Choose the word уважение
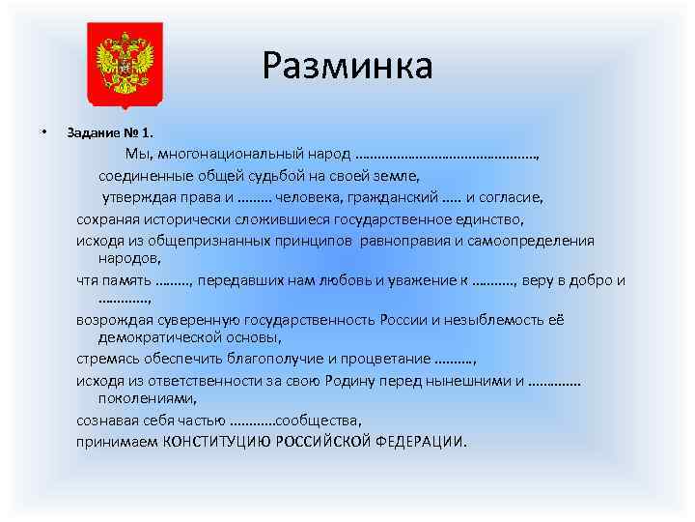tap(421, 281)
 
